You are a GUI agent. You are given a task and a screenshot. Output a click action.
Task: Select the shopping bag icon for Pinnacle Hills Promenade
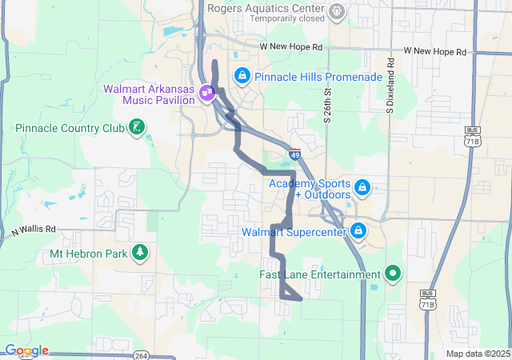pos(242,75)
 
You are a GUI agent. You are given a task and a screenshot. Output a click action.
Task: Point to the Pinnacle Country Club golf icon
pos(138,126)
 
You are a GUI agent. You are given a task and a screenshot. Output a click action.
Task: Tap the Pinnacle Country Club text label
pos(70,128)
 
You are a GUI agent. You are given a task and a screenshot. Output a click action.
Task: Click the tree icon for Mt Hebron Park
pos(141,253)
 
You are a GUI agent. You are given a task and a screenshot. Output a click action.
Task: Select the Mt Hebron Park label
pos(90,255)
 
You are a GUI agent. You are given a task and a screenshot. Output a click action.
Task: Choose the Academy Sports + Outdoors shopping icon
pos(362,187)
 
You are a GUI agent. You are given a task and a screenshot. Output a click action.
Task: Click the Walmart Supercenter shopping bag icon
pos(358,231)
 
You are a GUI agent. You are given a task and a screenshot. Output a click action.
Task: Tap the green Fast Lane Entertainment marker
pos(392,274)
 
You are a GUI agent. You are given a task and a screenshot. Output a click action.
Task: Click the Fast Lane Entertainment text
pos(320,274)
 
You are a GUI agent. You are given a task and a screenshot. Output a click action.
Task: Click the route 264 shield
pos(140,355)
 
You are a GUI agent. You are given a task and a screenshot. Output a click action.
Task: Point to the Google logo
pos(26,350)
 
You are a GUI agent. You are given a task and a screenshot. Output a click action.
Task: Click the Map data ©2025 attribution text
pos(477,354)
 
